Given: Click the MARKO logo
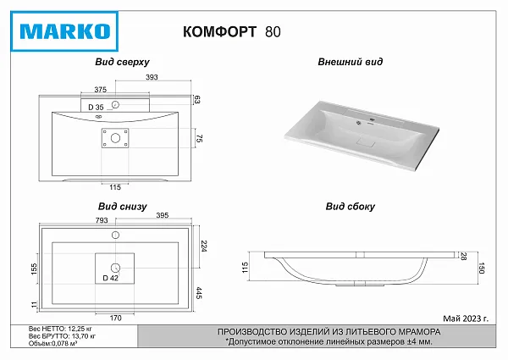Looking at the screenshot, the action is [x=64, y=31].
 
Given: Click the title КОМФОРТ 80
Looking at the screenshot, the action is [x=232, y=31].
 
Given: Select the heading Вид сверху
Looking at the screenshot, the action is [x=122, y=62].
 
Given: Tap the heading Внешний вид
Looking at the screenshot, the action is [x=350, y=62].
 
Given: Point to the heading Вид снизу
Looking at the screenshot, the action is [x=123, y=207].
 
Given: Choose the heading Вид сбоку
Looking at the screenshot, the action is [x=351, y=207].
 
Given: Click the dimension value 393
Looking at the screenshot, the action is [x=152, y=77].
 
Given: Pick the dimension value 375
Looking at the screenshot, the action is [x=101, y=90].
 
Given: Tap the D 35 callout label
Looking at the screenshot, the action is [x=96, y=108].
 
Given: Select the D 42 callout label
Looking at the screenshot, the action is [x=110, y=278].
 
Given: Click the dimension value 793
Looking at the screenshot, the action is [x=102, y=220].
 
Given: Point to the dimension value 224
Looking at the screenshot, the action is [x=204, y=246].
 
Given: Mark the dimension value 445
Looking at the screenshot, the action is [x=199, y=293].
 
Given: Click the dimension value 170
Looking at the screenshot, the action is [x=115, y=318].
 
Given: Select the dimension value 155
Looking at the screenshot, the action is [x=34, y=269].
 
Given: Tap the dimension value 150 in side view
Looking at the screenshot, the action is [x=482, y=269].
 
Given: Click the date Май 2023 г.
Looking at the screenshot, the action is [x=466, y=318].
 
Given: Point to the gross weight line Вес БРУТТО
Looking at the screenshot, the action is [x=62, y=336].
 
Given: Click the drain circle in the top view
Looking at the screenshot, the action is [x=115, y=138].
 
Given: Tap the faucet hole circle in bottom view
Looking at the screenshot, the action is [x=116, y=235].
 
